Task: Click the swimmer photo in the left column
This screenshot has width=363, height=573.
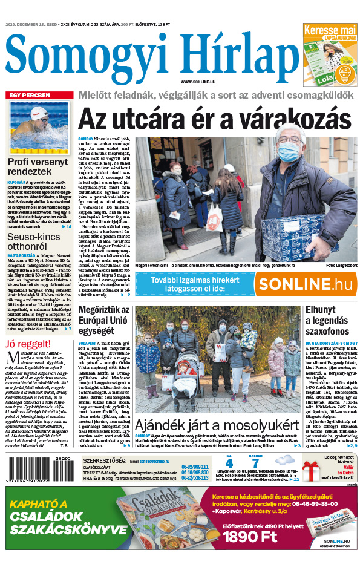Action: (x=39, y=128)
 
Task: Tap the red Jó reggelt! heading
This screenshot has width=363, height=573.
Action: (x=25, y=344)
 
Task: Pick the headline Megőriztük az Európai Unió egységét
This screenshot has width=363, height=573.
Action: (x=105, y=321)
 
